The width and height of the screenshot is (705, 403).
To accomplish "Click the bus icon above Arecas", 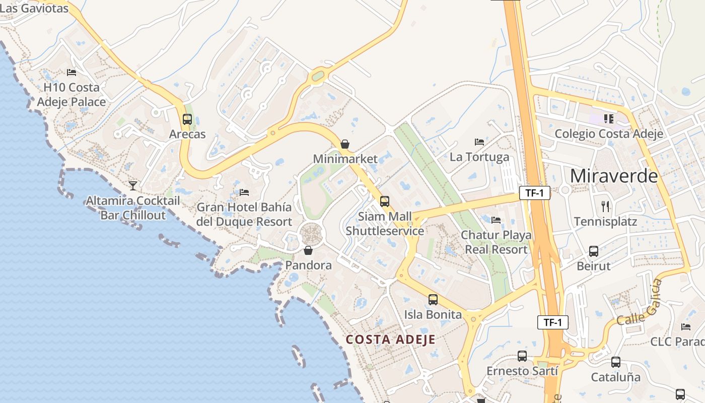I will (x=187, y=119).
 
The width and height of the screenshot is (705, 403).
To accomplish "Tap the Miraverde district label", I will (x=614, y=176).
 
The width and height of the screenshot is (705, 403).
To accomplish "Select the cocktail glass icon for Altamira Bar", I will (x=133, y=186).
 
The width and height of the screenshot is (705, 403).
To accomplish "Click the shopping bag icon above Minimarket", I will (x=345, y=144).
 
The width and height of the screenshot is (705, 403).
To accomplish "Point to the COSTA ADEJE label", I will (x=391, y=339).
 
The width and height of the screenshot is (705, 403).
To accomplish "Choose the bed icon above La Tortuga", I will (x=479, y=142).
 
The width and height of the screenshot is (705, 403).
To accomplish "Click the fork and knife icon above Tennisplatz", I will (x=606, y=206).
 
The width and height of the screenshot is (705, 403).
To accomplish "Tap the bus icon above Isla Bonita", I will (x=433, y=300).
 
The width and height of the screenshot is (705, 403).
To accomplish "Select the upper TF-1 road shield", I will (x=535, y=192).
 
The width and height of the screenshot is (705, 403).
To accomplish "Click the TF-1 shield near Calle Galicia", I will (x=553, y=322).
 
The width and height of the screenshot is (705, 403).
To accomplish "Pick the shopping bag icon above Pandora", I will (x=308, y=250).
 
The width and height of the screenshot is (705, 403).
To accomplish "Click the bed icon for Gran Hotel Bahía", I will (x=244, y=192).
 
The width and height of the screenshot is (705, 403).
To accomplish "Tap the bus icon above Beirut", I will (x=594, y=251).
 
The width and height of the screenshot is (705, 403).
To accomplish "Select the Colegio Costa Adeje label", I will (x=609, y=133).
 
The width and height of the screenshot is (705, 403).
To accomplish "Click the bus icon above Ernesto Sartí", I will (x=522, y=356).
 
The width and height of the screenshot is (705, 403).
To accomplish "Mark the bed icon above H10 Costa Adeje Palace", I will (x=72, y=73).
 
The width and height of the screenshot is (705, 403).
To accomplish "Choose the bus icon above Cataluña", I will (x=615, y=362).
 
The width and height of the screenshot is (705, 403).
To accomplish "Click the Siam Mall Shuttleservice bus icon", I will (x=385, y=201).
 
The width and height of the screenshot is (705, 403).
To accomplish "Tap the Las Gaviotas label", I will (x=34, y=8).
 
